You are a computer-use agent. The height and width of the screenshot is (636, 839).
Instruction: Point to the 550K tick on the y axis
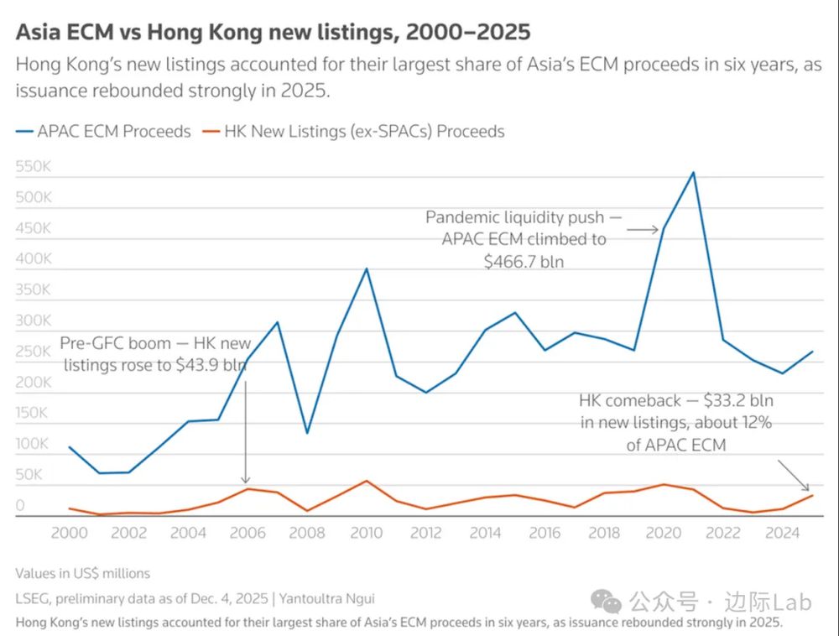(x=34, y=167)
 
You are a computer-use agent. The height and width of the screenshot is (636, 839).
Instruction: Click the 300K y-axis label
(x=34, y=321)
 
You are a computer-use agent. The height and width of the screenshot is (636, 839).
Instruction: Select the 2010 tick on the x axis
(x=367, y=533)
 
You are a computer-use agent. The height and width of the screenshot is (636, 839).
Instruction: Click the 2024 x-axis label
(x=783, y=533)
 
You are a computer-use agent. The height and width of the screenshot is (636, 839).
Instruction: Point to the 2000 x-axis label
(x=69, y=533)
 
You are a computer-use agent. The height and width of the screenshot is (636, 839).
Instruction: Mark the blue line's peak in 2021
(x=693, y=173)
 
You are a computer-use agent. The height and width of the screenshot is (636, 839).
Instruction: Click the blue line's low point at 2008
(x=306, y=433)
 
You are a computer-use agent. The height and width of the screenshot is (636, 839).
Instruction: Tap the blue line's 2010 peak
(x=366, y=268)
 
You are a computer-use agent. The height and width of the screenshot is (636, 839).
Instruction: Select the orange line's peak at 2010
(x=366, y=481)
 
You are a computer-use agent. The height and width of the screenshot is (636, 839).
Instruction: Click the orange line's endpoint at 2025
(x=812, y=495)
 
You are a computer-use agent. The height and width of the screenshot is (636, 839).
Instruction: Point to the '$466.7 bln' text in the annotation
(x=524, y=261)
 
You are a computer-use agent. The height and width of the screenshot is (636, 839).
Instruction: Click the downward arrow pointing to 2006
(x=246, y=436)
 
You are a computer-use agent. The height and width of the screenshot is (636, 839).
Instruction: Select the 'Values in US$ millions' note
(x=82, y=573)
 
